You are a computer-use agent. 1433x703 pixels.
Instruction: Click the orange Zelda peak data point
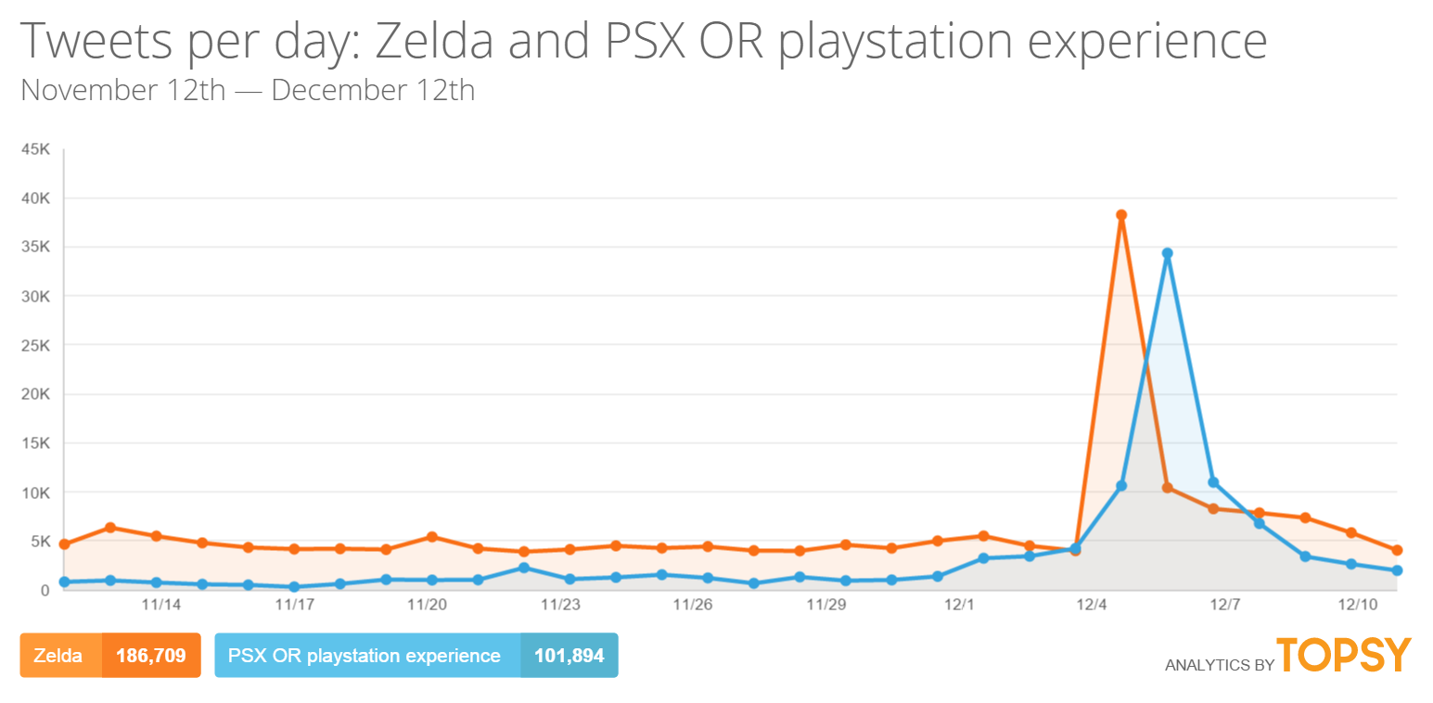(1121, 215)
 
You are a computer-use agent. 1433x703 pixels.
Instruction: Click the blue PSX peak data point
(1167, 253)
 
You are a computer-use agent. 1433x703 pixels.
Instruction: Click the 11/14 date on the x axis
(160, 605)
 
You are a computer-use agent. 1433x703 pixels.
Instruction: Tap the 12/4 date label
(1092, 605)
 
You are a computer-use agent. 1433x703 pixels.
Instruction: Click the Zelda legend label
(58, 656)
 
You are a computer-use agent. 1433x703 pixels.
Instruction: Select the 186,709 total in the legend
(151, 656)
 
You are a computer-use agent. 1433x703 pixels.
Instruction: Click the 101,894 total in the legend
(569, 656)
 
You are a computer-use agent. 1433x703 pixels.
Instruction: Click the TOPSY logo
(1344, 655)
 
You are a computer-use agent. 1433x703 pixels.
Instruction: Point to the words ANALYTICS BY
(1218, 664)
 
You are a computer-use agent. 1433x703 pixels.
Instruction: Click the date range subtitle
(247, 91)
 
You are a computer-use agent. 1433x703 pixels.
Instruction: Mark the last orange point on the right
(1397, 550)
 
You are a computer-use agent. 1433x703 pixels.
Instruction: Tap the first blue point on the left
(64, 582)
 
